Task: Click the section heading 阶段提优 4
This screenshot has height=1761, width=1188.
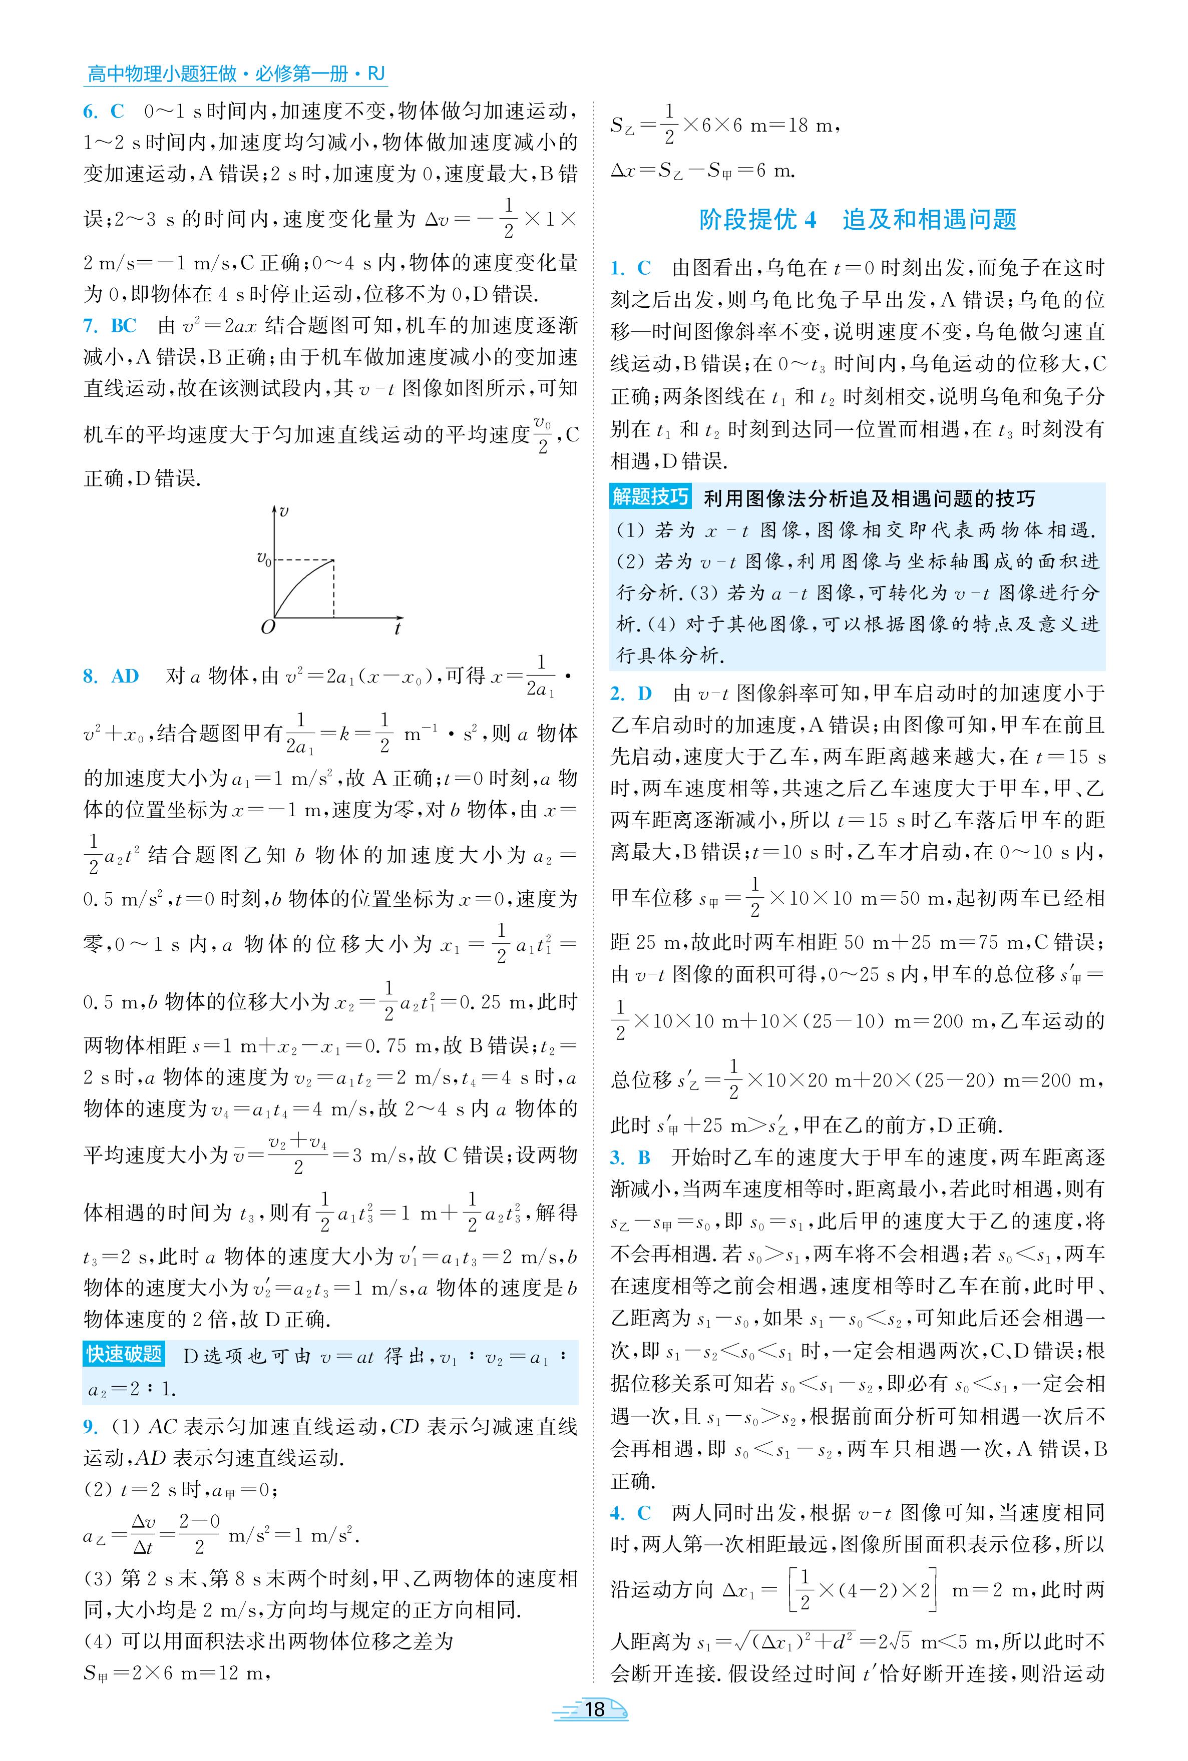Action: [757, 220]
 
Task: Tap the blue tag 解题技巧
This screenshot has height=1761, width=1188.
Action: [651, 497]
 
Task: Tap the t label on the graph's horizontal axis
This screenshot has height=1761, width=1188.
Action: [398, 628]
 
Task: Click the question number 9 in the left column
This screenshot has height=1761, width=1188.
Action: [90, 1427]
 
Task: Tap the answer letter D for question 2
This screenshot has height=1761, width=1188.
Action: [644, 693]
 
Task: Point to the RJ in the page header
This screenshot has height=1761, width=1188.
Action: [376, 74]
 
